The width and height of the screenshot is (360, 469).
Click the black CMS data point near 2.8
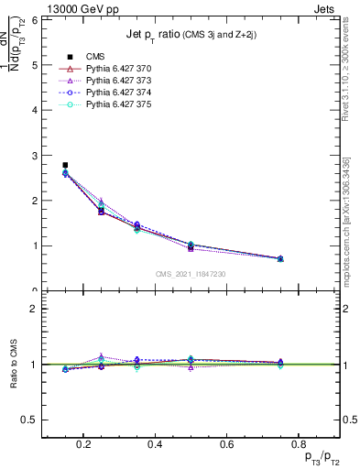[65, 165]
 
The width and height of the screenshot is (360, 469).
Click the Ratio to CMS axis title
[13, 365]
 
